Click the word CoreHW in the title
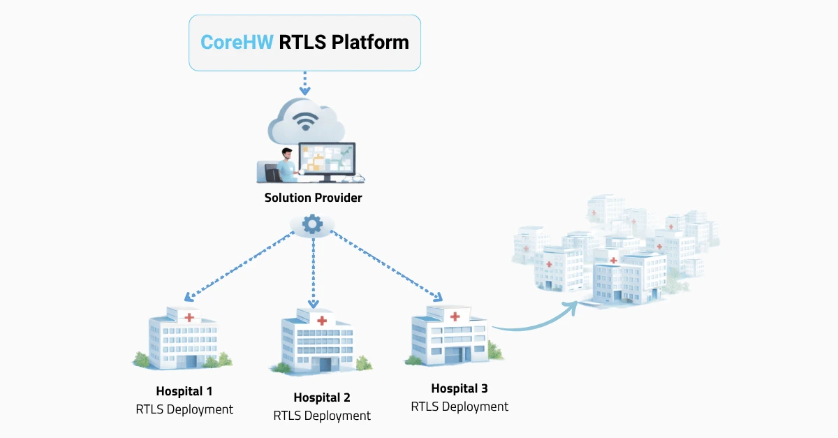point(237,42)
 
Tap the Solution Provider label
point(313,198)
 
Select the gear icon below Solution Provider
point(311,224)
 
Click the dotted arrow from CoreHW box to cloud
point(304,83)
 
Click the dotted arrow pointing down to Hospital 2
point(313,272)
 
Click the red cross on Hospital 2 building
point(322,321)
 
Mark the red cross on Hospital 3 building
point(455,316)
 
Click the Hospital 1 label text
point(184,391)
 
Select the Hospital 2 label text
point(322,397)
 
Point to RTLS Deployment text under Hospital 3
point(460,406)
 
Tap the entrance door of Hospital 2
point(324,365)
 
